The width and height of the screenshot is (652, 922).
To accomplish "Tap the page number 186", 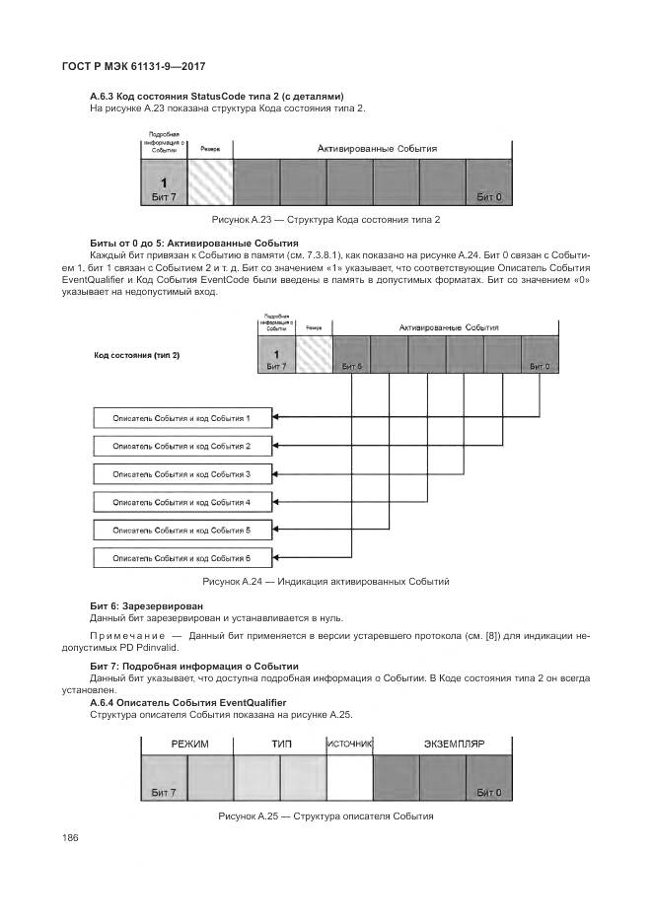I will pyautogui.click(x=70, y=838).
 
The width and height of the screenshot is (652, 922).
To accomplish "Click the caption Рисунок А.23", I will pyautogui.click(x=325, y=219).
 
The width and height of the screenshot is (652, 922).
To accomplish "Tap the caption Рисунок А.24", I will pyautogui.click(x=326, y=582).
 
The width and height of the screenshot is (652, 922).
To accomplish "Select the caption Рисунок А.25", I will pyautogui.click(x=326, y=816).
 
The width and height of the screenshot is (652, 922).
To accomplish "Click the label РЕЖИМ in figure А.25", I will pyautogui.click(x=189, y=744).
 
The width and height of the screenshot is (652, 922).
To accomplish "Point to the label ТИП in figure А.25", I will pyautogui.click(x=281, y=744).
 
